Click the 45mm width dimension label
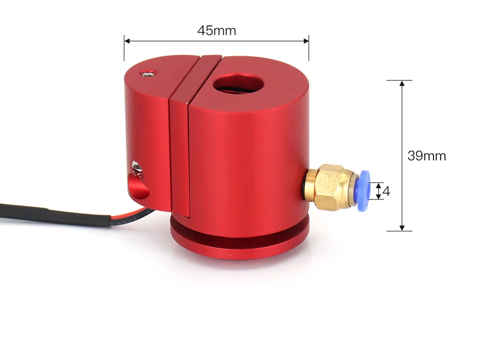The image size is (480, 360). coord(216,30)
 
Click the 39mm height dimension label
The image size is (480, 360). coord(426,156)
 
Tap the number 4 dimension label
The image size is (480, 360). coord(386,191)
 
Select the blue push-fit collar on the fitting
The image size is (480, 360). coord(364,190)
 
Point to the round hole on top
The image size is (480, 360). coord(237,83)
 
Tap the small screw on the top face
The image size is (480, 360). coord(148,73)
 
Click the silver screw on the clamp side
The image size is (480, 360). coord(136,168)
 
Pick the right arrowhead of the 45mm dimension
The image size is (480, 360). coord(305,41)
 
